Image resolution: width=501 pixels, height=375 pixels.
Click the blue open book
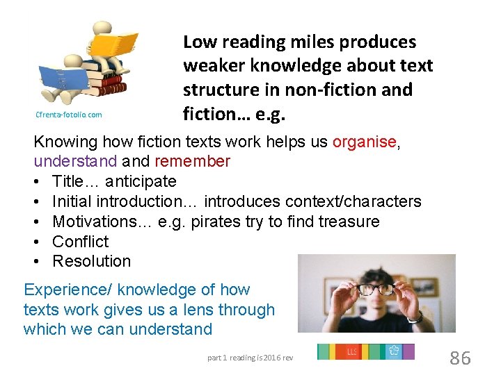(x=65, y=77)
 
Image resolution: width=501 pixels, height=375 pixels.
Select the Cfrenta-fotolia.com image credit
(x=67, y=115)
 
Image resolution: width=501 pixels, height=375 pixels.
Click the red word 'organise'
(x=364, y=142)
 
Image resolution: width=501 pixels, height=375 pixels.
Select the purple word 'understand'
(x=75, y=162)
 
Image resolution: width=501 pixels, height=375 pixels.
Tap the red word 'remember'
(x=192, y=162)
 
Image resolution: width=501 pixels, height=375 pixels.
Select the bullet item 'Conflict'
(x=81, y=242)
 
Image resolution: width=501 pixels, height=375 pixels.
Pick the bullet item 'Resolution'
(x=91, y=261)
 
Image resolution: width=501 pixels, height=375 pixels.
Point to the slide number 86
(x=460, y=358)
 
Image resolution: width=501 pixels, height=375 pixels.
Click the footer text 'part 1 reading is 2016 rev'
(x=250, y=358)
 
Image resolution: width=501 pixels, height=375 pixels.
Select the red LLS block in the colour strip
(x=353, y=352)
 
